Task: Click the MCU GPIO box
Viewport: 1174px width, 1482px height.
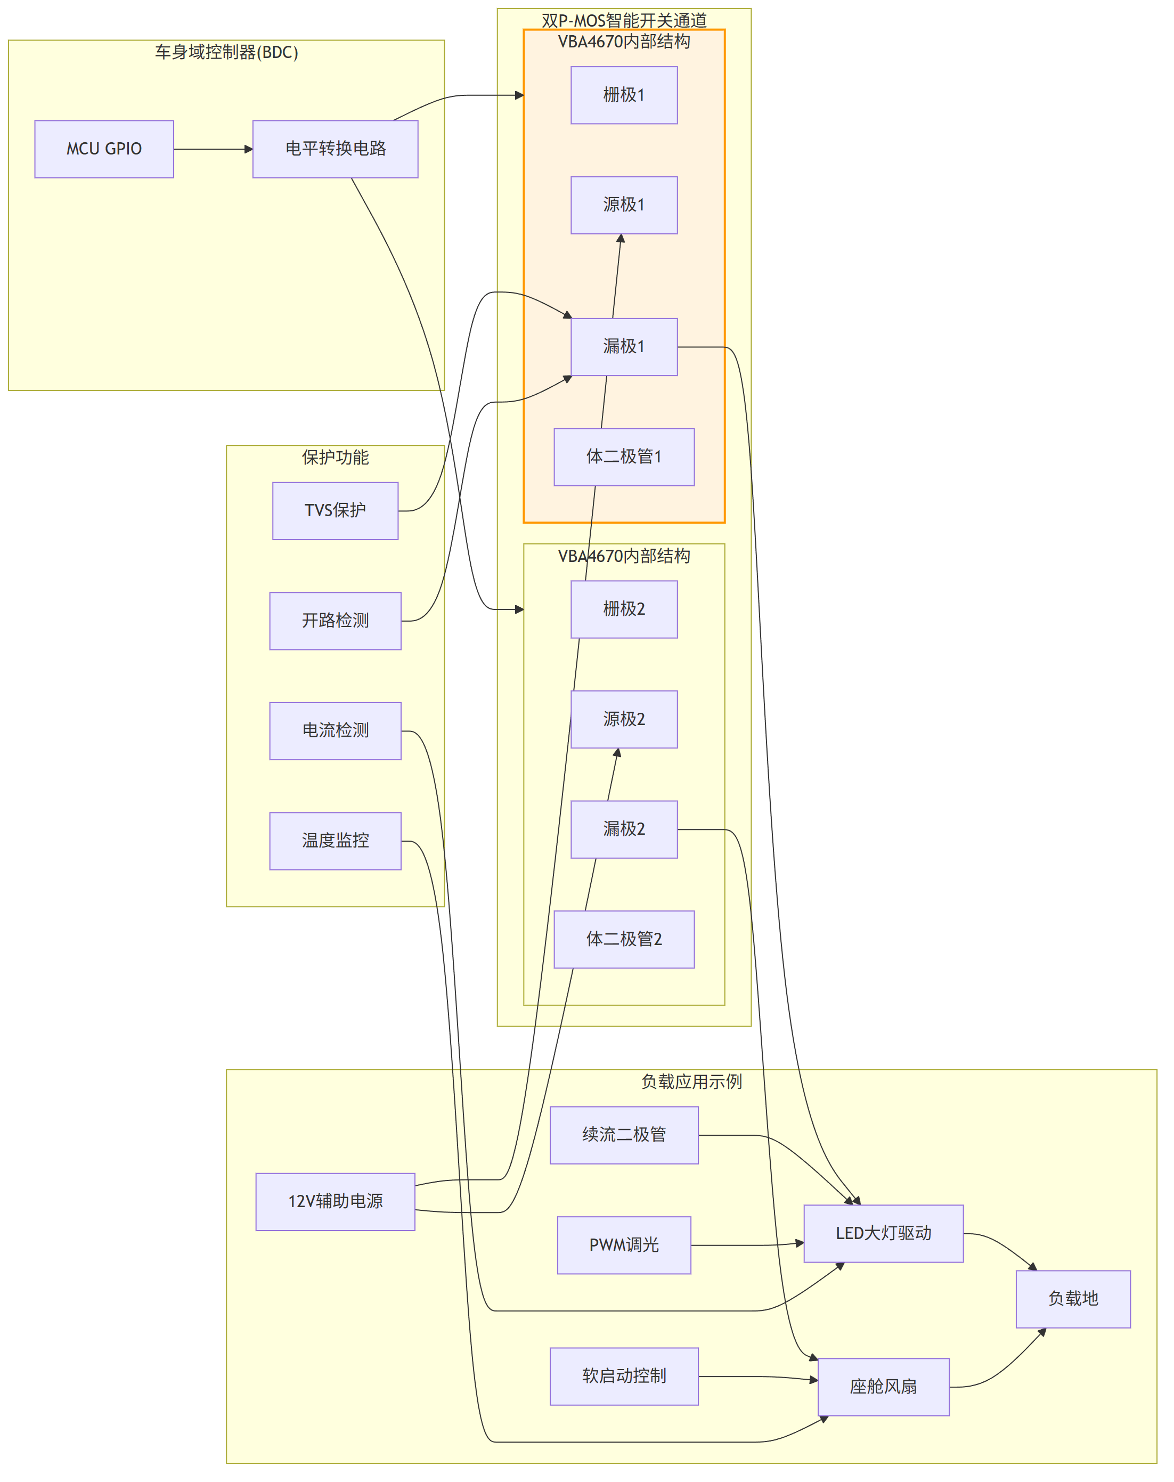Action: [104, 149]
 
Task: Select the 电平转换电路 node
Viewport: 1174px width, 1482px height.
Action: [336, 149]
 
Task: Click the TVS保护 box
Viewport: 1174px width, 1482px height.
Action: [336, 511]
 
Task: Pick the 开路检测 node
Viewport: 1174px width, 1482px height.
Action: [336, 621]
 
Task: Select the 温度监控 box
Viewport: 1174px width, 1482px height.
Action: [336, 841]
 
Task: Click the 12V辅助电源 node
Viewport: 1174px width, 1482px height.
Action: [336, 1202]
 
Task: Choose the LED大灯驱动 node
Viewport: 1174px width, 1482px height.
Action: [883, 1233]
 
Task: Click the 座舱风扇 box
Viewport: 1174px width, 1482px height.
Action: [883, 1387]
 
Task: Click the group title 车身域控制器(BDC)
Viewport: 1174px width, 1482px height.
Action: [226, 52]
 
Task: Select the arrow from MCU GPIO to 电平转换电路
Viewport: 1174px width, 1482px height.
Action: [213, 149]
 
